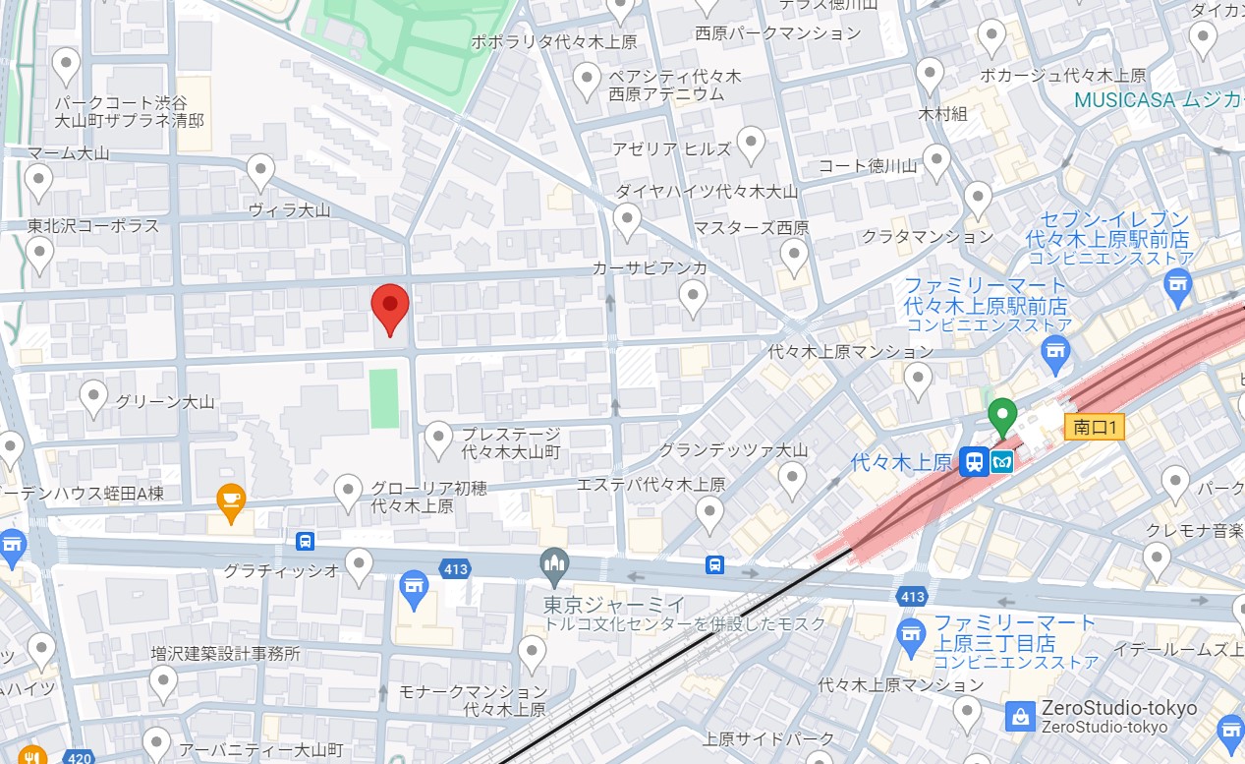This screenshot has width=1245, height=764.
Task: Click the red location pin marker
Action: coord(390,307)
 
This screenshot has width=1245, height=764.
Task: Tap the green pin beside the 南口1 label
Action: coord(1001,416)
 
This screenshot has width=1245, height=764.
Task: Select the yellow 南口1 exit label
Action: coord(1094,427)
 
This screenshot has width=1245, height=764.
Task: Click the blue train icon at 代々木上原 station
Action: coord(974,462)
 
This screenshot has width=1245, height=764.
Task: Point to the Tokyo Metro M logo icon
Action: coord(1001,462)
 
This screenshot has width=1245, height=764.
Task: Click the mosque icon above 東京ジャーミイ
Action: coord(555,564)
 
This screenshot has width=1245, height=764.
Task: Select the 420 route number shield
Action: coord(81,757)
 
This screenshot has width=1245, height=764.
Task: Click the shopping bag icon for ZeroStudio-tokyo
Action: coord(1021,716)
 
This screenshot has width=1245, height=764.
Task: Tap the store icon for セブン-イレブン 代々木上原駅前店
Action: coord(1176,285)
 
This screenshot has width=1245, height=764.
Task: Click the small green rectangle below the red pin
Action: coord(385,398)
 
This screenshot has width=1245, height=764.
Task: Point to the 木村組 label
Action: coord(942,114)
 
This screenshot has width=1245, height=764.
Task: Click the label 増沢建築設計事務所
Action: coord(225,653)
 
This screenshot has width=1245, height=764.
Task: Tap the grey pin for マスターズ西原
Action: coord(794,256)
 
